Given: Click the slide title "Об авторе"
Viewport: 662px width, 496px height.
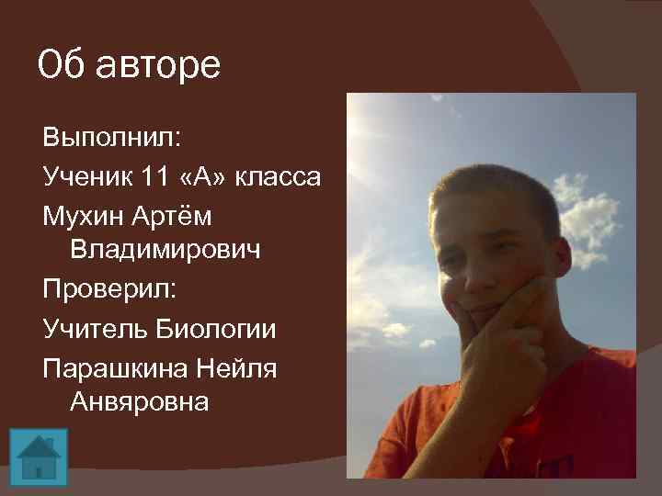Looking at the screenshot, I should (129, 66).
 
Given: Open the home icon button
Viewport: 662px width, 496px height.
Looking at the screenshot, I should (39, 455).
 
